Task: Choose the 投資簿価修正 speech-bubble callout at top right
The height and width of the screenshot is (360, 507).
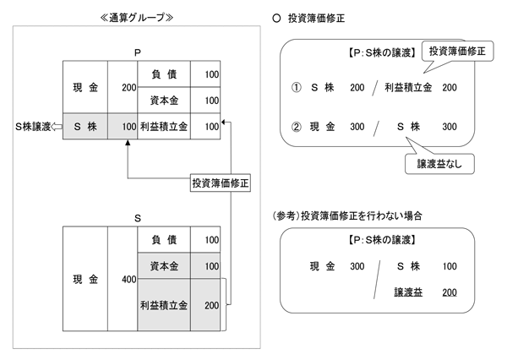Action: [456, 52]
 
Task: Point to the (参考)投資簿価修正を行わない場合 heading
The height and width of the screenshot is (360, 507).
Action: [355, 215]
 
